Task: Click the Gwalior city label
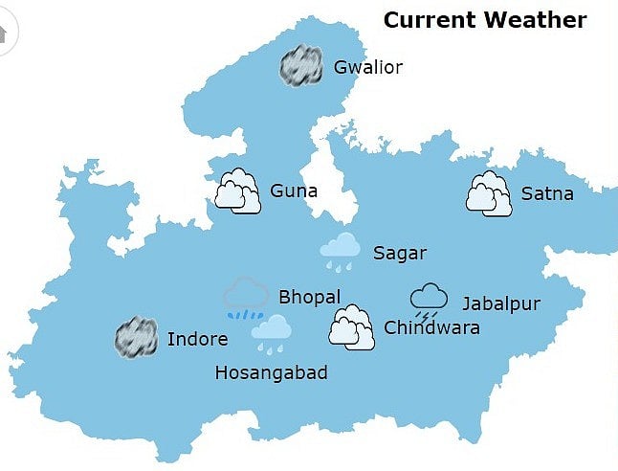(368, 67)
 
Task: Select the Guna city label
(294, 191)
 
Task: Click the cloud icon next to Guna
(237, 191)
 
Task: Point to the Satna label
(547, 193)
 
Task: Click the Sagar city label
(399, 253)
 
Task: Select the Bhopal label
(309, 297)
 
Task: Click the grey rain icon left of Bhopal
(246, 298)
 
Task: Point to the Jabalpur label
(501, 303)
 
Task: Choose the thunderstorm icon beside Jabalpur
(429, 301)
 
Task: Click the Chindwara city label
(431, 327)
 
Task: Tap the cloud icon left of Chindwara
(351, 326)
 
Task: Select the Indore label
(197, 339)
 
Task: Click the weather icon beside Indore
(136, 338)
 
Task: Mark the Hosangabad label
(272, 372)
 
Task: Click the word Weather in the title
(540, 19)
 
